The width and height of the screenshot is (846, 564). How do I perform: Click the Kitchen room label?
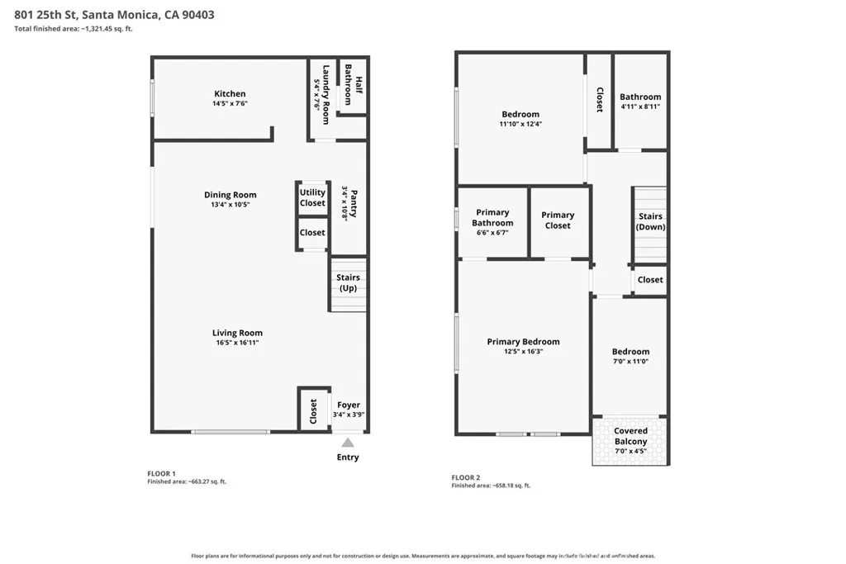[230, 94]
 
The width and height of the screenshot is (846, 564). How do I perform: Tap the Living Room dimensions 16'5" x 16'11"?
[237, 343]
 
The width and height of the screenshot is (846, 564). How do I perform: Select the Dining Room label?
[231, 195]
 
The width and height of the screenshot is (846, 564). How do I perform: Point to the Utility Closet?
[312, 197]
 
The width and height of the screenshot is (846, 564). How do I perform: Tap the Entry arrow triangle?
[348, 443]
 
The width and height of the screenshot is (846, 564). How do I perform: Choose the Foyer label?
[349, 405]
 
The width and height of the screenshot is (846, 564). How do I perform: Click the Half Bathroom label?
[354, 85]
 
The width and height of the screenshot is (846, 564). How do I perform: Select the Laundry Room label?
[326, 94]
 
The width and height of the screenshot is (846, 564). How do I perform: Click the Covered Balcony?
[630, 440]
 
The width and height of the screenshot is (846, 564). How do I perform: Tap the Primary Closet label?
[558, 220]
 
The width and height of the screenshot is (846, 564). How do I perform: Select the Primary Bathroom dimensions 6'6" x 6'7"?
[492, 233]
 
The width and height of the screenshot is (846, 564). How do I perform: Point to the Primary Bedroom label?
[523, 341]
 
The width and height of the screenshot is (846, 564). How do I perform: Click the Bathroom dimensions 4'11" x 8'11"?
[640, 107]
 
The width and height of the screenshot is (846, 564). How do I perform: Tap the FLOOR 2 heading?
[466, 477]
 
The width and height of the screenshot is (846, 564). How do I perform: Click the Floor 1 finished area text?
[187, 481]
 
